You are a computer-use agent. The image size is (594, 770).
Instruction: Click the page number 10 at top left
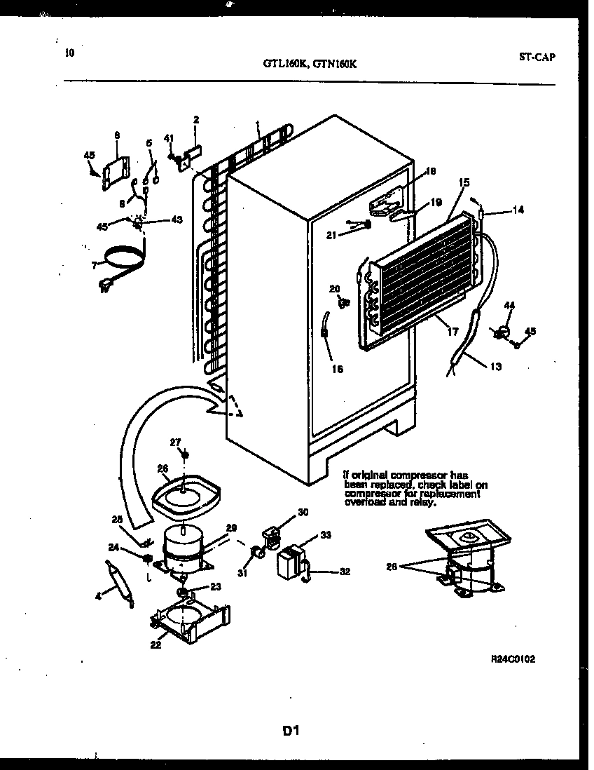(69, 53)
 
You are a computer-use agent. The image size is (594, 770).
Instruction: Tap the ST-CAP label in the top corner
(537, 58)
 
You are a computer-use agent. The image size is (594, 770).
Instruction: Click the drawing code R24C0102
(517, 660)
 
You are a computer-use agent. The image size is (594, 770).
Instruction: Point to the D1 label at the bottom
(291, 731)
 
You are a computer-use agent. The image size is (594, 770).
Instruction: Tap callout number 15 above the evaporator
(464, 182)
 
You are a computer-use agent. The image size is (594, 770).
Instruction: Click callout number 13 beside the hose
(496, 365)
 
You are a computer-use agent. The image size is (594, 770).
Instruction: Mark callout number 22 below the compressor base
(156, 644)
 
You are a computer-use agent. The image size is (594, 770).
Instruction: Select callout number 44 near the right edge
(509, 306)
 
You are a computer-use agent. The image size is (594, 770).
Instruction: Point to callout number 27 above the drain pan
(175, 442)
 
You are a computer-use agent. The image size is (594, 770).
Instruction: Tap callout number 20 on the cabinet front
(334, 289)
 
